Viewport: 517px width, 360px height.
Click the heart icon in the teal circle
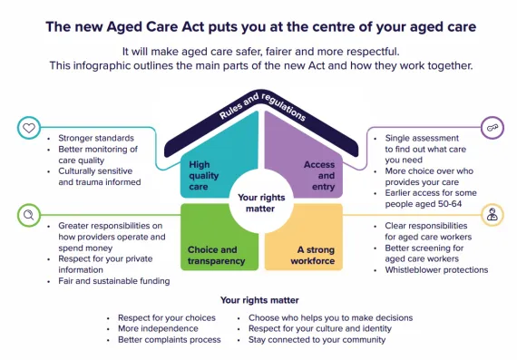click(29, 128)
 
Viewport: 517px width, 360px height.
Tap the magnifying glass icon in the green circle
click(29, 215)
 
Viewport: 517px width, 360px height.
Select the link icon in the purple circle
click(492, 128)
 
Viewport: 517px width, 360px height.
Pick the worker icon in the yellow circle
click(492, 215)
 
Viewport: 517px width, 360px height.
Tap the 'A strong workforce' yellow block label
click(309, 255)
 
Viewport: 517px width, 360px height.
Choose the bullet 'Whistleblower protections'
click(436, 270)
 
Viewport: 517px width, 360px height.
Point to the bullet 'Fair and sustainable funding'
click(110, 281)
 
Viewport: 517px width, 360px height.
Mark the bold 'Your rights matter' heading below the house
click(258, 300)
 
